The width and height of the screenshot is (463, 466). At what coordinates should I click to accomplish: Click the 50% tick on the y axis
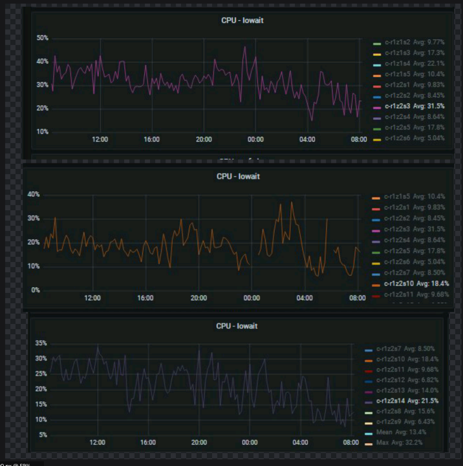[x=42, y=38]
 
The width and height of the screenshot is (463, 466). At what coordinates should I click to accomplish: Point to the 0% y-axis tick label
[x=35, y=290]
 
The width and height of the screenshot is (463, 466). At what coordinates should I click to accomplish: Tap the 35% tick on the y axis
[x=41, y=343]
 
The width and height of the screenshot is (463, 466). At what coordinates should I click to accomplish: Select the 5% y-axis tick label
[x=43, y=435]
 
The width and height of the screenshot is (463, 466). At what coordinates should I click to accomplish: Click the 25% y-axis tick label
[x=41, y=374]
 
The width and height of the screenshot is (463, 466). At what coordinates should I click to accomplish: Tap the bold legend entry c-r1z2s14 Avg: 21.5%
[x=408, y=400]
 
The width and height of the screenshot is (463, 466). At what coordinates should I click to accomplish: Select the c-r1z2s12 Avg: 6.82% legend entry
[x=408, y=380]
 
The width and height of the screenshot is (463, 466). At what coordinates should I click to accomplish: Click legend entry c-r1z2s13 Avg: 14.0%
[x=408, y=390]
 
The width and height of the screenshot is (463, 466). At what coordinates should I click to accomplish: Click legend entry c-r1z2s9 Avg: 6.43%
[x=406, y=422]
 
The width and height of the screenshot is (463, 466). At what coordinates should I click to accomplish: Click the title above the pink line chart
[x=243, y=20]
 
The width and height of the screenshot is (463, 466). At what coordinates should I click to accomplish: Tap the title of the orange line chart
[x=238, y=176]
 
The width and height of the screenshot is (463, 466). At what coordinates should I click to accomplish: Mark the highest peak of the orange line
[x=291, y=202]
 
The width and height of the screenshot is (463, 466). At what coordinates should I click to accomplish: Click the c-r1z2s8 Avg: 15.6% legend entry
[x=406, y=411]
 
